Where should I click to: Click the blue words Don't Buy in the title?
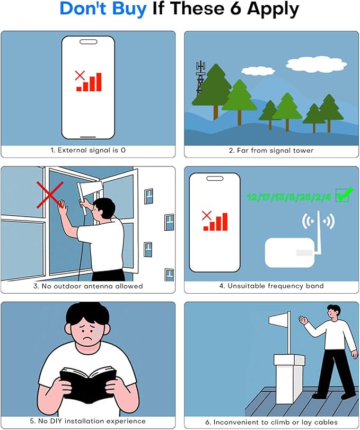(103, 10)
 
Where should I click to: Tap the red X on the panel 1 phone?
(80, 75)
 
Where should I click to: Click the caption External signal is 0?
(88, 150)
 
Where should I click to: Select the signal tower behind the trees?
(200, 77)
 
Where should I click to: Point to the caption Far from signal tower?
(271, 150)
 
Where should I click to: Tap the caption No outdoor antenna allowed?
(88, 286)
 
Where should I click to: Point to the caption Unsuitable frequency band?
(271, 286)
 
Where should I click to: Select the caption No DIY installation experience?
(88, 421)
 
